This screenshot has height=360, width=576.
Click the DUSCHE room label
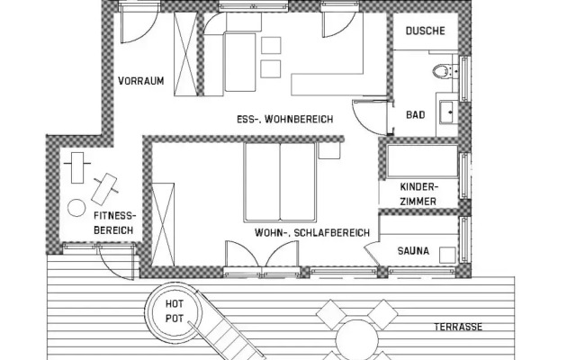(426, 31)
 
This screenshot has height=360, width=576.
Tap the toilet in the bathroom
(442, 71)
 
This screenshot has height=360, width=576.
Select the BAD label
(416, 115)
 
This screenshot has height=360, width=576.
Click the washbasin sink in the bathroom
(448, 112)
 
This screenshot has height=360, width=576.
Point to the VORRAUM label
(141, 81)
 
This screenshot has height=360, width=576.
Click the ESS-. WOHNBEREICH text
(285, 120)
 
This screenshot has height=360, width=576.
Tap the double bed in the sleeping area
(280, 182)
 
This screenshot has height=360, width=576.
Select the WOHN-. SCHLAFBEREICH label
(312, 233)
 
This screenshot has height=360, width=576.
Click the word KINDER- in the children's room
(419, 187)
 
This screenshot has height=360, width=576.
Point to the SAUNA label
(413, 251)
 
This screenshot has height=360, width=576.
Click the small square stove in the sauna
(447, 255)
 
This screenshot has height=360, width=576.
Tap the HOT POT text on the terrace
(174, 310)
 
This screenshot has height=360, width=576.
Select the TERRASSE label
(458, 327)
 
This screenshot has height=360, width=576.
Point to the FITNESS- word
(115, 216)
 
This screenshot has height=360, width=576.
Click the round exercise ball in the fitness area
(76, 208)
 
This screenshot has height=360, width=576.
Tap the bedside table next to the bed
(329, 150)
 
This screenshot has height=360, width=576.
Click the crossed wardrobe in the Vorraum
(185, 54)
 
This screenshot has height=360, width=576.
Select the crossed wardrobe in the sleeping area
(163, 224)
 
